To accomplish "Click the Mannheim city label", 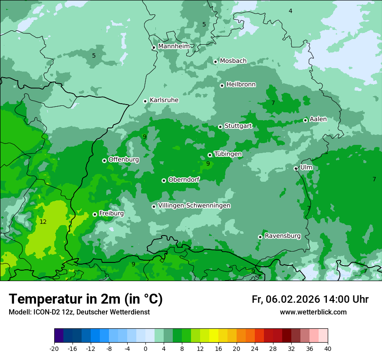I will pos(174,46).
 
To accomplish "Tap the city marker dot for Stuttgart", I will pos(220,127).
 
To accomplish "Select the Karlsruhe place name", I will pos(164,100).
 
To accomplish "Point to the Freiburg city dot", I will pos(95,214).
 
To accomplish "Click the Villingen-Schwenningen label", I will pos(194,206).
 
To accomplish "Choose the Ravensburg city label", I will pos(283,236).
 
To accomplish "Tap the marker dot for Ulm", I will pos(296,168).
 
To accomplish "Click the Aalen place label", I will pos(318,119).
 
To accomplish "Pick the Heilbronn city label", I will pos(241,85).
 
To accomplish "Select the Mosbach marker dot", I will pos(215,62).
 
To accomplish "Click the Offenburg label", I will pos(124,160).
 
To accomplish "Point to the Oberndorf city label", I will pos(184,180).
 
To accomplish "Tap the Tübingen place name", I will pos(228,154).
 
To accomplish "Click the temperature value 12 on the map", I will pos(43,222).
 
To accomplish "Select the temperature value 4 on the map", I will pos(290,11).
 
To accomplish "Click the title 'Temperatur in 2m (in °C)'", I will pos(86,299).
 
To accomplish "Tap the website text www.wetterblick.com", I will pos(313,312).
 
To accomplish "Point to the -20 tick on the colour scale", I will pos(54,349).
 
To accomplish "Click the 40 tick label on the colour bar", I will pos(328,349).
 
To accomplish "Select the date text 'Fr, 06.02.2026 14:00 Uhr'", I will pos(310,299).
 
